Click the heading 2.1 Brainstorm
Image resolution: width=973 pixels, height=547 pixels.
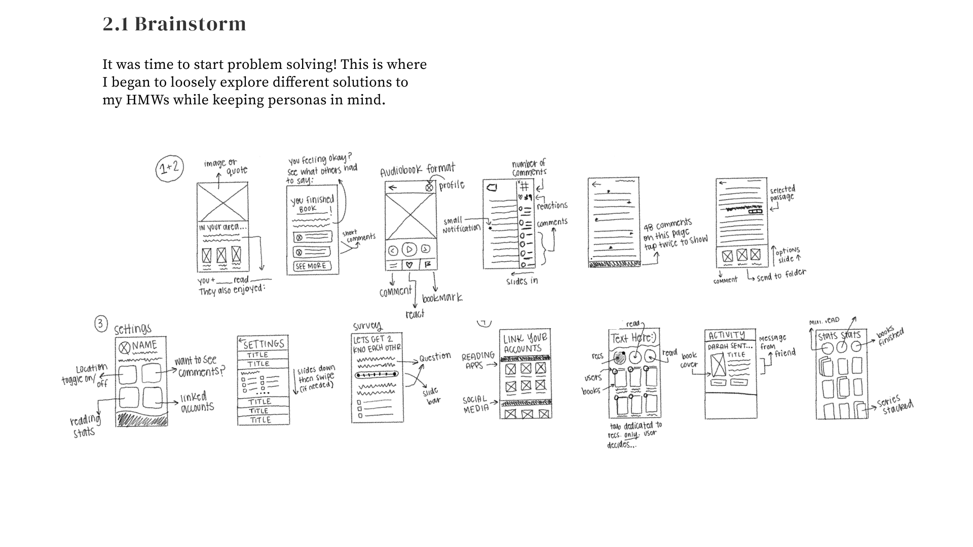click(174, 24)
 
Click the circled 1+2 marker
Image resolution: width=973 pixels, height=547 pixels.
click(169, 169)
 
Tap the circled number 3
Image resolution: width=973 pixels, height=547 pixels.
click(101, 324)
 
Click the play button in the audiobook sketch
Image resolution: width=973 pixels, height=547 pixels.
click(409, 249)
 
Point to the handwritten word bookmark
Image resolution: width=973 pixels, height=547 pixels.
click(442, 298)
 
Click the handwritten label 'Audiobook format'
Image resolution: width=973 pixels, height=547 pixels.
click(418, 170)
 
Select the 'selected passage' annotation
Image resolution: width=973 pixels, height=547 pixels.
click(782, 193)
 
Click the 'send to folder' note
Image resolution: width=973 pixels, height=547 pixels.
click(781, 275)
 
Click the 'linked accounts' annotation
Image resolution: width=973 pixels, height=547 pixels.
click(197, 402)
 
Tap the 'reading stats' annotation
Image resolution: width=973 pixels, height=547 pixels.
click(85, 426)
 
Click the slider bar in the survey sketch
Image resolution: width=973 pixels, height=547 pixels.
click(376, 375)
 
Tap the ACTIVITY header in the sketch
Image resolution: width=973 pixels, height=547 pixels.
click(727, 335)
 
